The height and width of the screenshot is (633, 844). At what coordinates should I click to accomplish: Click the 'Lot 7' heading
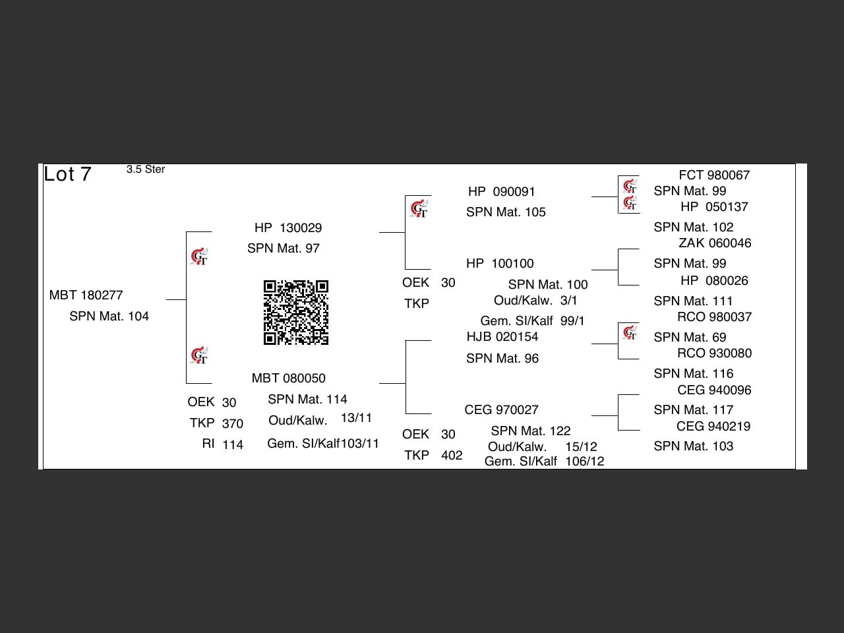(x=67, y=174)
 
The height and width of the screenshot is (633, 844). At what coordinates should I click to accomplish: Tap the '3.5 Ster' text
(x=146, y=169)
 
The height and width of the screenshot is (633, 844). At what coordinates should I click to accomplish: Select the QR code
(x=296, y=313)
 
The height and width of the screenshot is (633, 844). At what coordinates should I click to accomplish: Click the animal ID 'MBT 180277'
(x=86, y=295)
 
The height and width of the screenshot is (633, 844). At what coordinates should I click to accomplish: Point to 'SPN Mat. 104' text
(x=109, y=316)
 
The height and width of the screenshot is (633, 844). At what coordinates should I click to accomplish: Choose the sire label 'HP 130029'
(x=288, y=227)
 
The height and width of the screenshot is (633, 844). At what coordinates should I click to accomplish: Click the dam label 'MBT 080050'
(x=288, y=378)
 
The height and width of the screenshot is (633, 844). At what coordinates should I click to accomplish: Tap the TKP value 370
(x=232, y=423)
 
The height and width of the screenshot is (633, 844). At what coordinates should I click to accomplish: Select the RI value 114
(x=232, y=444)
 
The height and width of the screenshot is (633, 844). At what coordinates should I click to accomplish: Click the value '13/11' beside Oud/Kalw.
(x=356, y=418)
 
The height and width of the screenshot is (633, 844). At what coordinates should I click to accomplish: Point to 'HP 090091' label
(x=501, y=191)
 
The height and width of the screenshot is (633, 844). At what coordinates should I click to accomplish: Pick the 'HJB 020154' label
(x=502, y=336)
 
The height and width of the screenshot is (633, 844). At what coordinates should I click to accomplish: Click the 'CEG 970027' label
(x=501, y=409)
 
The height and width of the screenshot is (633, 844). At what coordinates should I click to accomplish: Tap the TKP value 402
(x=451, y=455)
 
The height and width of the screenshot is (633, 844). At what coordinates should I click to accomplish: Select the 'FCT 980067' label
(x=714, y=175)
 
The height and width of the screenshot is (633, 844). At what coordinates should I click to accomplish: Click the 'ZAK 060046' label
(x=715, y=243)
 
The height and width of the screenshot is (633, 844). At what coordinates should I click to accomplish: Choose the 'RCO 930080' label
(x=714, y=353)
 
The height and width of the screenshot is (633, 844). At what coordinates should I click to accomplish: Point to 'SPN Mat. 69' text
(x=690, y=337)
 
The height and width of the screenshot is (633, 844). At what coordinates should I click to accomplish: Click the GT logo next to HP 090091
(x=419, y=210)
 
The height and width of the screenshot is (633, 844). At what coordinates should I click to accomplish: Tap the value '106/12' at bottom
(x=584, y=461)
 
